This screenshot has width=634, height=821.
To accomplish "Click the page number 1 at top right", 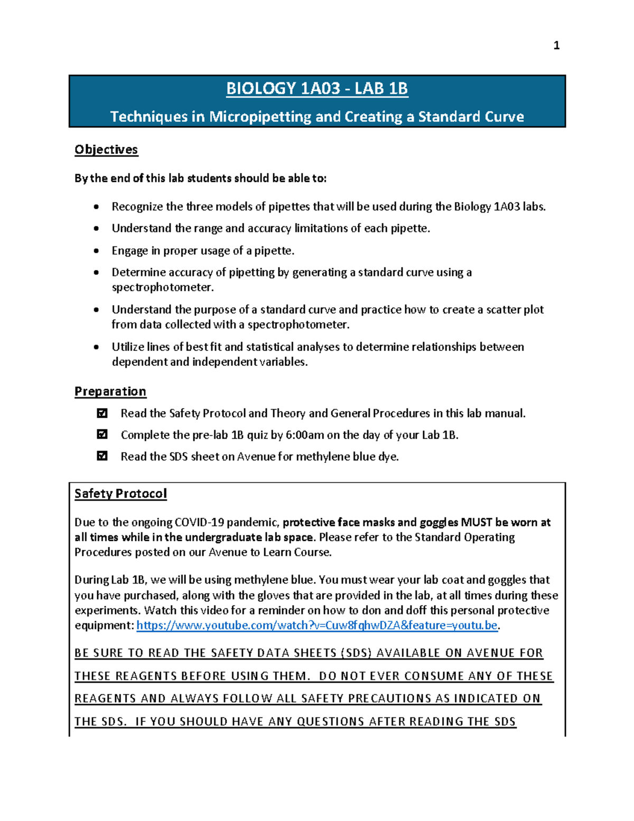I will [x=556, y=46].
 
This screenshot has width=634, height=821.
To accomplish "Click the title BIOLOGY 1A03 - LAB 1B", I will [x=317, y=88].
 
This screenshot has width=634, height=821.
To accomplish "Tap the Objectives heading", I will [x=106, y=150].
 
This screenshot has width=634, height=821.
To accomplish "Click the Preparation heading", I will [x=110, y=391].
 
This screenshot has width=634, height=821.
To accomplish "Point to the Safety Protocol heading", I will [x=120, y=493].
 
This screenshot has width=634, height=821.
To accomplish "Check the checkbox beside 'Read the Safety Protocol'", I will [x=102, y=413].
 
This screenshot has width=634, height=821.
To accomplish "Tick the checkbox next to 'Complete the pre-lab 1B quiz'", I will [x=102, y=435].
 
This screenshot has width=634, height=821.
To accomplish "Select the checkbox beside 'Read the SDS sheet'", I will [x=102, y=456].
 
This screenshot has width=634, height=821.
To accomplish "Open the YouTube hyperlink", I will [x=317, y=625].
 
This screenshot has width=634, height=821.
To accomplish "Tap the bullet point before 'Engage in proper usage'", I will [x=96, y=251].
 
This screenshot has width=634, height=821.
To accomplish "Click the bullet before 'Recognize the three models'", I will [x=96, y=207].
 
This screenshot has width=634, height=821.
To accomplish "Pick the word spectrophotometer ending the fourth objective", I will [x=162, y=288].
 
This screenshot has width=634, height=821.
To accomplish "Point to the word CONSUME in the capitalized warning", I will [x=432, y=676].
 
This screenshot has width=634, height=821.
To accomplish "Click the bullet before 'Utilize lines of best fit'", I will [x=96, y=347].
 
